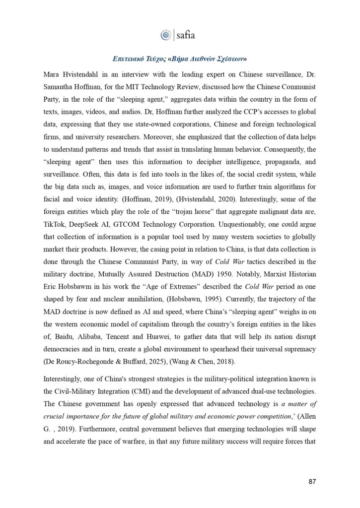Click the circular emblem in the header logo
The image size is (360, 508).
tap(165, 35)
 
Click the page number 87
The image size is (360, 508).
tap(311, 482)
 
